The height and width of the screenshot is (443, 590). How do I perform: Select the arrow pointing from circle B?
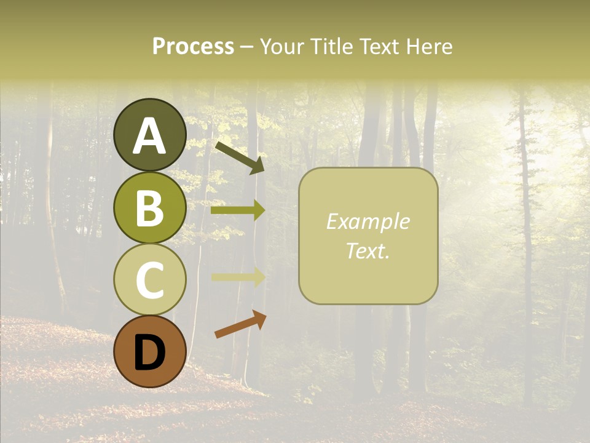click(238, 210)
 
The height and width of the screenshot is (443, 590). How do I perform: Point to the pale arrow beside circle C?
click(238, 277)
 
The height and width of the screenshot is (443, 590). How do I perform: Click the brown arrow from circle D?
click(240, 325)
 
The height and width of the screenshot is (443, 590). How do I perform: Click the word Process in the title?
click(193, 46)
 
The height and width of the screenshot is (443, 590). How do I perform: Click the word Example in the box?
click(368, 221)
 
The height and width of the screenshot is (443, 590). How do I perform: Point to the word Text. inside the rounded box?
click(368, 250)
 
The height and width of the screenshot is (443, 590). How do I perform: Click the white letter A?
click(149, 136)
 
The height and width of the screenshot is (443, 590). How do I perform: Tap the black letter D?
click(149, 353)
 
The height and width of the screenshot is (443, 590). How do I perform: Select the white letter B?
click(149, 208)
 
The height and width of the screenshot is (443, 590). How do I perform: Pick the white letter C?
click(149, 280)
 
